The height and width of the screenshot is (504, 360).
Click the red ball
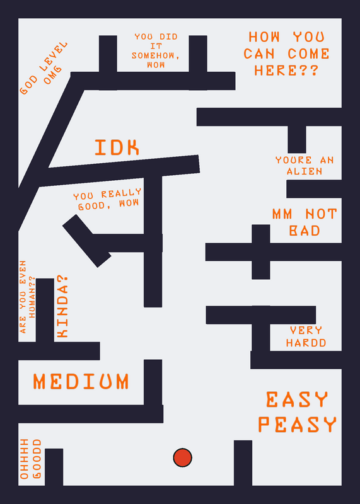pos(182,457)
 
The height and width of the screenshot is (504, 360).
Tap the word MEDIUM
pos(81,382)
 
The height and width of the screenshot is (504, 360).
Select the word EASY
pos(297,399)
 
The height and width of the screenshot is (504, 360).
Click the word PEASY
pos(297,424)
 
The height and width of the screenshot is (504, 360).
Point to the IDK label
pos(117,147)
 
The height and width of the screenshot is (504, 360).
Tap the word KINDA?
pos(62,307)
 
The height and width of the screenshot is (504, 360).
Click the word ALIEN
pos(305,171)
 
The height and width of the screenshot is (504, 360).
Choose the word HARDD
pos(306,343)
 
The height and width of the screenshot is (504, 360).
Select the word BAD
pos(305,231)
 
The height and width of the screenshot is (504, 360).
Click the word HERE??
pos(286,70)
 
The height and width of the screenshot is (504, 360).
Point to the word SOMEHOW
pos(155,55)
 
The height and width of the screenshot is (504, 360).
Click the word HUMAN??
pos(32,297)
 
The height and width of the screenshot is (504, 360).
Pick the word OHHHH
pos(24,459)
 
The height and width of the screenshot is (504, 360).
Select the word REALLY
pos(121,193)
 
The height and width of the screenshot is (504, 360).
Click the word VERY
pos(306,330)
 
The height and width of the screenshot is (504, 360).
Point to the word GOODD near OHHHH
pos(37,459)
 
